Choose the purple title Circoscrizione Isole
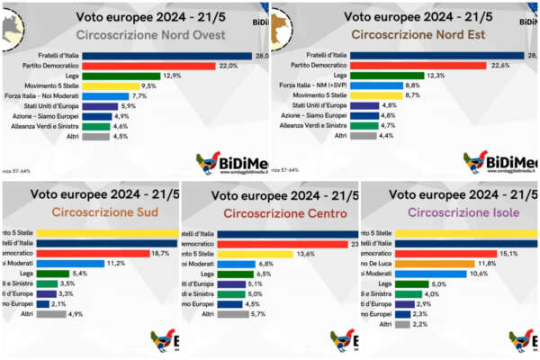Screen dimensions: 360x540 (x=451, y=212)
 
